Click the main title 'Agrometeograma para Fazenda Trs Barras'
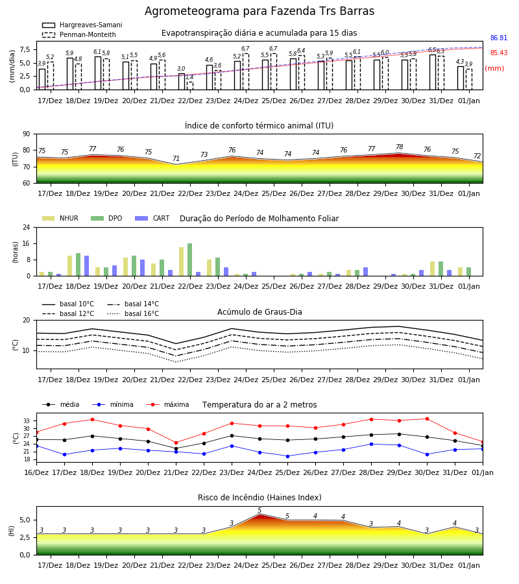(x=259, y=11)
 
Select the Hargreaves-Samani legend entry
(x=82, y=25)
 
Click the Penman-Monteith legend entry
(x=79, y=34)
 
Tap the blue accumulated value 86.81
(x=499, y=38)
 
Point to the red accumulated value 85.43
(x=499, y=53)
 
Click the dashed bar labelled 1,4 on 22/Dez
(x=190, y=86)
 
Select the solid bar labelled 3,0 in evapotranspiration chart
(x=182, y=82)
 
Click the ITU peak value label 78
(x=400, y=147)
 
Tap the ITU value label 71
(x=176, y=159)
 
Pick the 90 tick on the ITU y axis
(x=27, y=134)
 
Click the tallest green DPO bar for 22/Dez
(x=190, y=260)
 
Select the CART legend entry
(x=152, y=218)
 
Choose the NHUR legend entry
(x=60, y=218)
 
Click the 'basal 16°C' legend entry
(x=133, y=313)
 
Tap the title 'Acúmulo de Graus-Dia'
(x=259, y=312)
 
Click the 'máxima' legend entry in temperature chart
(x=167, y=404)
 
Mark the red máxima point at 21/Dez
(x=176, y=443)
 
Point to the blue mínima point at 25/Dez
(x=287, y=456)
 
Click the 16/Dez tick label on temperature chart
(x=36, y=472)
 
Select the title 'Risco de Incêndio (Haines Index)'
(x=259, y=498)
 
